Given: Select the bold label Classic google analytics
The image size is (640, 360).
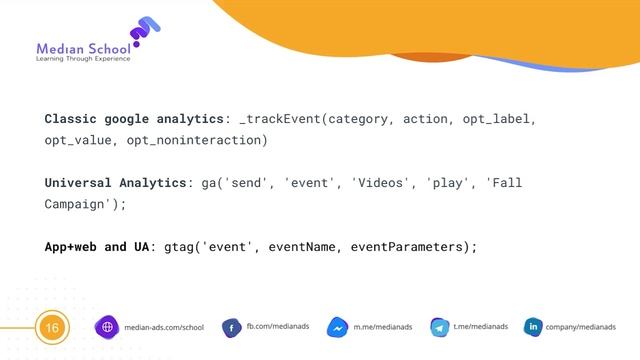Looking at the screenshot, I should pyautogui.click(x=135, y=119).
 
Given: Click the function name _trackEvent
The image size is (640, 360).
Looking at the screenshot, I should pyautogui.click(x=279, y=119).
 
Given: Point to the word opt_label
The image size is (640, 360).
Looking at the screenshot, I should pyautogui.click(x=499, y=119).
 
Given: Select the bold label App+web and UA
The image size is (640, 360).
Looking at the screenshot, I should pyautogui.click(x=97, y=246).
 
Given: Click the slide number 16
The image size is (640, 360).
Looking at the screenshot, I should pyautogui.click(x=51, y=327).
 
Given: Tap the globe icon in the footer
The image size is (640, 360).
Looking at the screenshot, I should pyautogui.click(x=107, y=327).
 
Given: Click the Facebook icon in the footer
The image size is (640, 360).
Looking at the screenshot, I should pyautogui.click(x=229, y=328).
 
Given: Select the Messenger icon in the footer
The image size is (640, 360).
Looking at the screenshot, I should pyautogui.click(x=337, y=328).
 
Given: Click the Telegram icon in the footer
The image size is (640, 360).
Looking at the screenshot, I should pyautogui.click(x=437, y=328).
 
